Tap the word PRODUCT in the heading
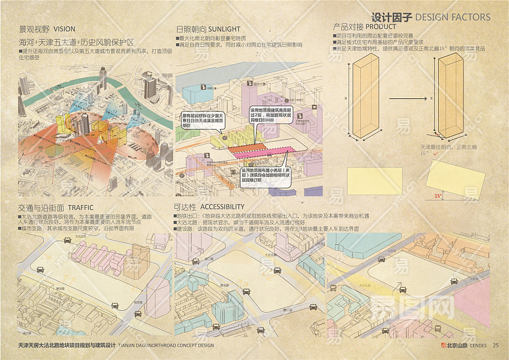(x=381, y=27)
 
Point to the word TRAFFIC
(x=80, y=207)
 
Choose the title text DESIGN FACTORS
(x=453, y=17)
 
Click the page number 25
(x=495, y=345)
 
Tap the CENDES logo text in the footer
(x=477, y=345)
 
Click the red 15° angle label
(x=438, y=196)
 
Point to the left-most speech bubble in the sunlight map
(x=203, y=121)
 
